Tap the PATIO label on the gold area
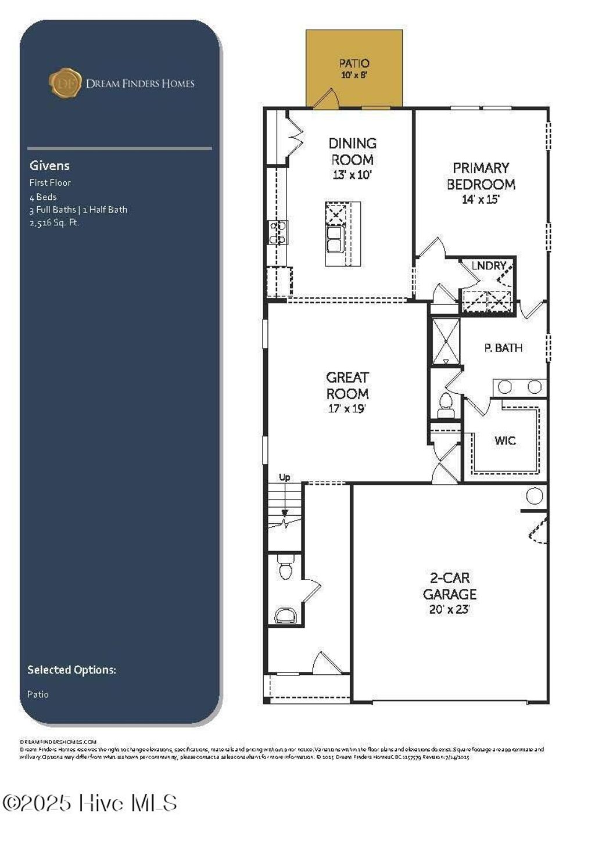[354, 63]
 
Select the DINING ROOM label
[352, 152]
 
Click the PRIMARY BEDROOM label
[481, 176]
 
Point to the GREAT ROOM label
[347, 385]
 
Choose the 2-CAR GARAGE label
[449, 586]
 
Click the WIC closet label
[505, 441]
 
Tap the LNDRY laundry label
[489, 265]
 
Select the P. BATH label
[503, 348]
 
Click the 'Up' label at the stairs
[284, 477]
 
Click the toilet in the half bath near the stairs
[285, 569]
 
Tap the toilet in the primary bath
[446, 402]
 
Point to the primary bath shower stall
[446, 341]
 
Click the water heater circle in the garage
[534, 496]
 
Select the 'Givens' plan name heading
[49, 166]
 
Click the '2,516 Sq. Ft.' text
[55, 222]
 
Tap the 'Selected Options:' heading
[71, 670]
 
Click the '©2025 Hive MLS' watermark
[90, 803]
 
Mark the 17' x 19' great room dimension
[347, 409]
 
